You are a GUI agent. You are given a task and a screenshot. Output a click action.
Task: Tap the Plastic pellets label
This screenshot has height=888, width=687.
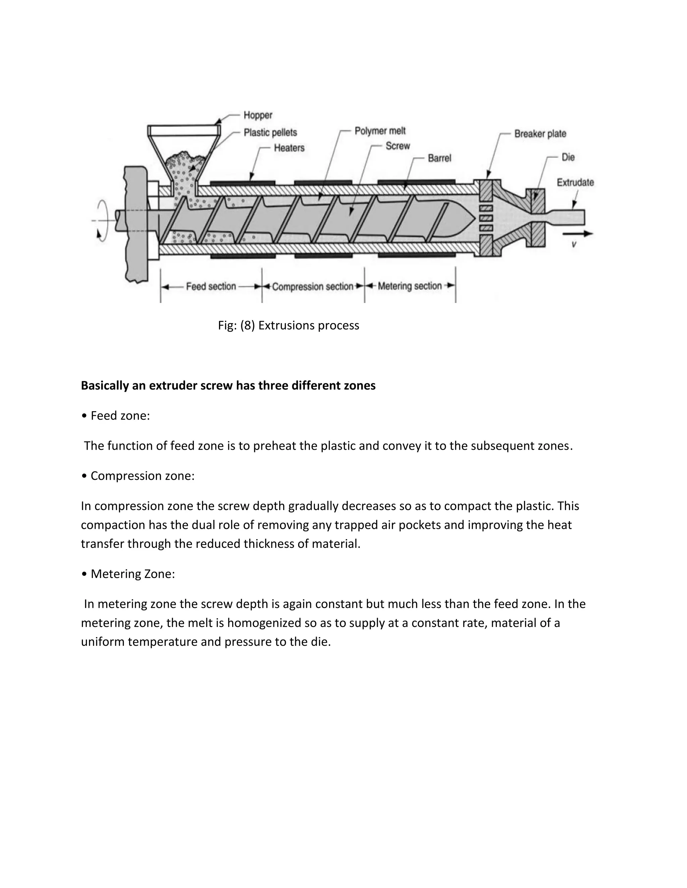pyautogui.click(x=270, y=133)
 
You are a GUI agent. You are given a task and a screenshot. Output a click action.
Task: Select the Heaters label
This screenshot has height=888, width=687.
pyautogui.click(x=289, y=148)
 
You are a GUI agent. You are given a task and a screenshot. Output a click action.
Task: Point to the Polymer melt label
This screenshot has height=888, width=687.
pyautogui.click(x=380, y=131)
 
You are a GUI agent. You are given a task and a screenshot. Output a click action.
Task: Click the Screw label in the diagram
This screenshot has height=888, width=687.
pyautogui.click(x=398, y=146)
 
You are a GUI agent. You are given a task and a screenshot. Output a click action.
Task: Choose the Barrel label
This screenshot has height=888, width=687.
pyautogui.click(x=439, y=158)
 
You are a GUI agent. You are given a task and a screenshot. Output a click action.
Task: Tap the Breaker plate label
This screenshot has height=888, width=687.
pyautogui.click(x=540, y=134)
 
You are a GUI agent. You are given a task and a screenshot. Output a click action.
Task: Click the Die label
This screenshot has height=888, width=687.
pyautogui.click(x=568, y=157)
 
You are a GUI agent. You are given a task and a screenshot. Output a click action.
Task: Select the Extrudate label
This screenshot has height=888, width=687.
pyautogui.click(x=575, y=183)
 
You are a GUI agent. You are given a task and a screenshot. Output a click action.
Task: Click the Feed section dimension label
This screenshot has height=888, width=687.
pyautogui.click(x=211, y=287)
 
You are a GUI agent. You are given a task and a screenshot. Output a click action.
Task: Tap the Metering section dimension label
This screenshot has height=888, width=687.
pyautogui.click(x=410, y=286)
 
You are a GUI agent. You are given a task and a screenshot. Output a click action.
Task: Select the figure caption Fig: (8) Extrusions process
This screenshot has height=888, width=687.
pyautogui.click(x=288, y=326)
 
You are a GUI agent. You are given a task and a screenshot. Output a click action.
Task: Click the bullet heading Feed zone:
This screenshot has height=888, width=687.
pyautogui.click(x=120, y=416)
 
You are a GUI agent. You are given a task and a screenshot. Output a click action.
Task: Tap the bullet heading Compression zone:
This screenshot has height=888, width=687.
pyautogui.click(x=142, y=476)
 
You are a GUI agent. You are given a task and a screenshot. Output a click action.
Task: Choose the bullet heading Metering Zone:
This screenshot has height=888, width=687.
pyautogui.click(x=132, y=574)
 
